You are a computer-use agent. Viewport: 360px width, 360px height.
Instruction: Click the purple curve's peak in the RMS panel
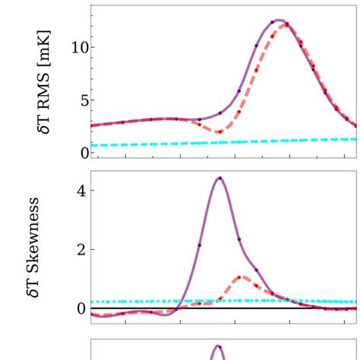tap(279, 20)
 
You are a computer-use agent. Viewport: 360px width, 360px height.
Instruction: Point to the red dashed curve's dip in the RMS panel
tap(218, 132)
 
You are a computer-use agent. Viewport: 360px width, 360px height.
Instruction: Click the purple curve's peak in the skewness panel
tap(219, 178)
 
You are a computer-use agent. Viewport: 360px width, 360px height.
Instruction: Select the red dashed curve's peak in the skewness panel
tap(240, 277)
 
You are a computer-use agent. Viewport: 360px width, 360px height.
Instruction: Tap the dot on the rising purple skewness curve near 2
tap(200, 245)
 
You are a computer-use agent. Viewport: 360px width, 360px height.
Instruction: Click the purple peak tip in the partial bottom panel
tap(218, 347)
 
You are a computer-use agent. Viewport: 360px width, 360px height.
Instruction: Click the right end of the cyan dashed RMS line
tap(355, 139)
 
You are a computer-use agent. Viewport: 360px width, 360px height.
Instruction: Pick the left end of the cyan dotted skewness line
tap(93, 302)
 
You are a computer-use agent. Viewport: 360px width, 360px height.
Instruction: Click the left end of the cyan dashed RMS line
tap(93, 145)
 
